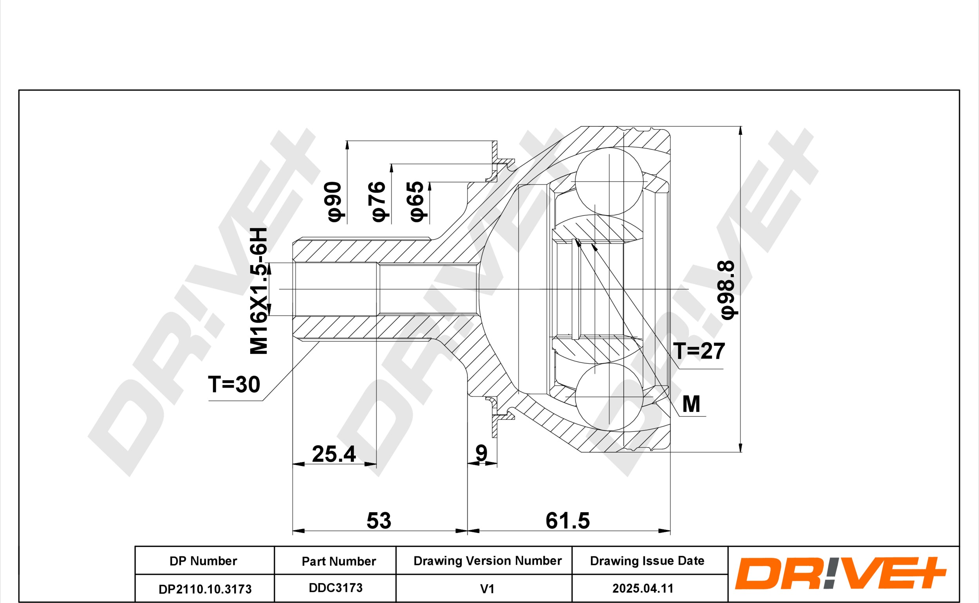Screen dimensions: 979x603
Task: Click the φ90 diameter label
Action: point(334,201)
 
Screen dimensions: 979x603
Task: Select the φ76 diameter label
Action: point(378,201)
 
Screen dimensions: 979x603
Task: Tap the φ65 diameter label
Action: point(417,201)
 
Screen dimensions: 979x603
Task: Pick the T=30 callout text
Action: point(234,385)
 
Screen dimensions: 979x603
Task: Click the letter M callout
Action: point(691,404)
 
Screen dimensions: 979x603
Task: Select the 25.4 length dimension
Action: point(334,454)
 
